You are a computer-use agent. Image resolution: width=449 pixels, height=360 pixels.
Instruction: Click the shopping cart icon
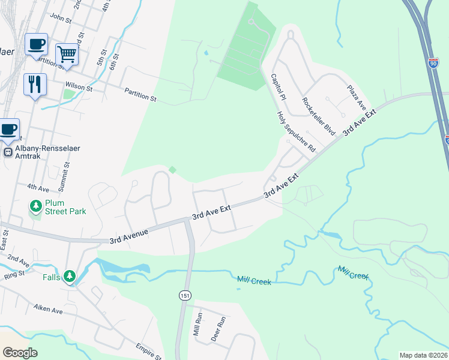point(67,55)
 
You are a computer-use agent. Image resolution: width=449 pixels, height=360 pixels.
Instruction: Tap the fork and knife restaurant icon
point(35,84)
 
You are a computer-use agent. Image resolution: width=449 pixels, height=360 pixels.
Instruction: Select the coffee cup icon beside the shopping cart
point(36,44)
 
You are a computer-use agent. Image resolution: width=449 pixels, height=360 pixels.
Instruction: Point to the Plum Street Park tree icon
point(36,206)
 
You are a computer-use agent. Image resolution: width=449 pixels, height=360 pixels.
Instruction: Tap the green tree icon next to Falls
point(71,277)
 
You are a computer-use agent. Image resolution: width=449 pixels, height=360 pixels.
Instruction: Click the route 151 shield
point(184,295)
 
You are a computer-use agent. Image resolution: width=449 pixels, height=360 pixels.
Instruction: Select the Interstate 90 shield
point(434,62)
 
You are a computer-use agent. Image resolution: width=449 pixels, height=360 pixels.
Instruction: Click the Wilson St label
point(79,88)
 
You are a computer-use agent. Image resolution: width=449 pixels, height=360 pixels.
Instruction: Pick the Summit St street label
point(67,172)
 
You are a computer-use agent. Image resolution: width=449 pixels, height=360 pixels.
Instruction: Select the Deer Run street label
point(217,329)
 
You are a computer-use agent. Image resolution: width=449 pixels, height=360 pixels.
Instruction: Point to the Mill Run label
point(197,324)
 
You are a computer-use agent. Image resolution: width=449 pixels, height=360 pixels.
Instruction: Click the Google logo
point(20,353)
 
